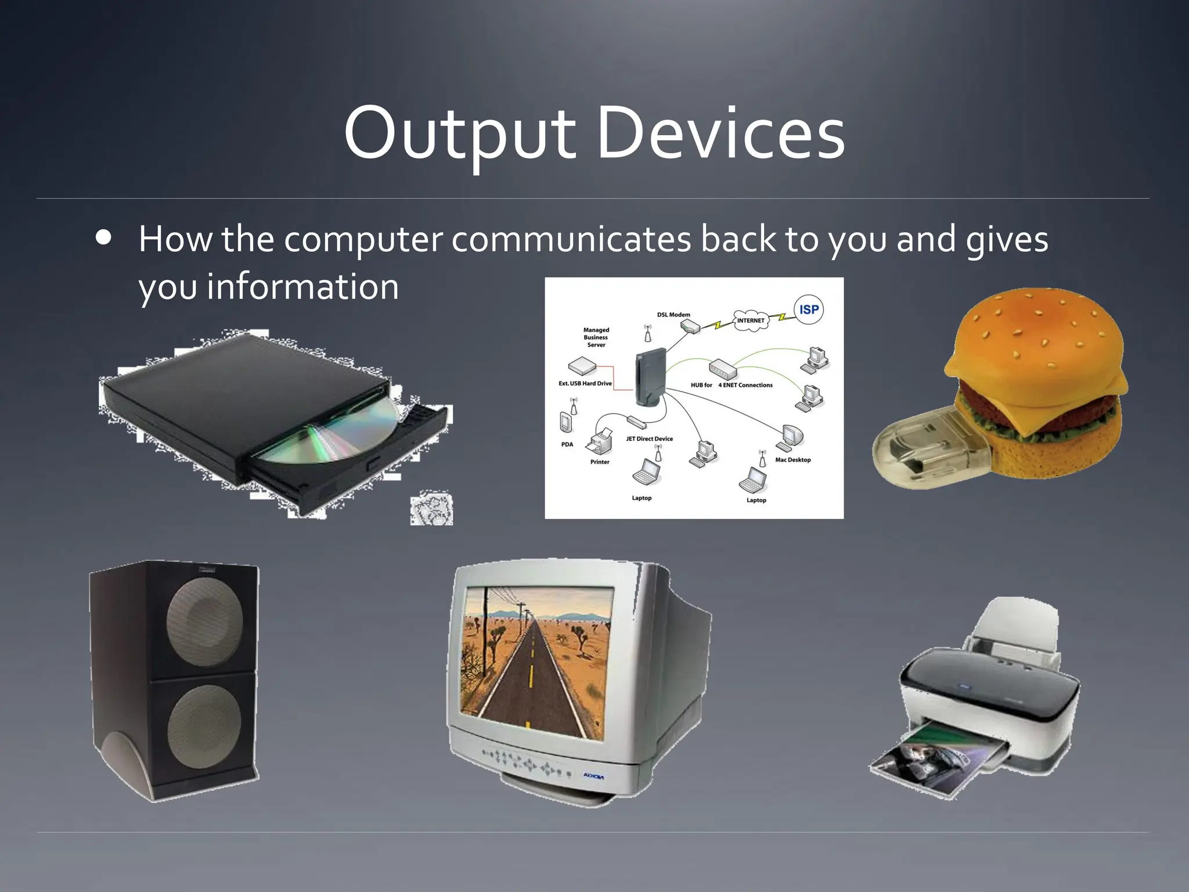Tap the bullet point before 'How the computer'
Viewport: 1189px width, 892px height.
[x=105, y=239]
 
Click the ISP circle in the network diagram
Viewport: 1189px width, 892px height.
[x=808, y=310]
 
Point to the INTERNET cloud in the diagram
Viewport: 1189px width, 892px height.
[x=751, y=321]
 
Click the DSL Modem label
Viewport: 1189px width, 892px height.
[x=673, y=315]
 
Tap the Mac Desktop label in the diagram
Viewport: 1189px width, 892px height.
[x=792, y=460]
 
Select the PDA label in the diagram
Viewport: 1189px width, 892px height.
[x=567, y=445]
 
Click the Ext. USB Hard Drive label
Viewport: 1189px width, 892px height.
[x=585, y=383]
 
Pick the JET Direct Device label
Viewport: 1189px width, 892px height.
[x=649, y=439]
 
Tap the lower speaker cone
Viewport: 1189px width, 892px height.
[x=204, y=726]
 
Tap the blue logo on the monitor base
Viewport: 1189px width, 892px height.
[x=593, y=776]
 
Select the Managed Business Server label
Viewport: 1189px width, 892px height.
[x=596, y=337]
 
